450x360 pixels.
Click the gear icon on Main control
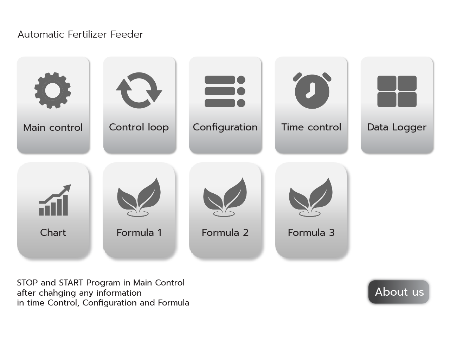point(52,90)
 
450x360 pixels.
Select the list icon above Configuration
point(225,91)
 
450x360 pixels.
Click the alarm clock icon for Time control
point(312,91)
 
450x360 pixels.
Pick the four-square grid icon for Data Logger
point(397,91)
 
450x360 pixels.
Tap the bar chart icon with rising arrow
point(55,200)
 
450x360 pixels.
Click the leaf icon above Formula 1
point(139,197)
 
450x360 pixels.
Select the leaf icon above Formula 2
point(225,197)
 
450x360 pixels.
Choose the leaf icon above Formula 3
point(311,197)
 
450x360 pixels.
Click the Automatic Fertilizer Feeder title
point(81,34)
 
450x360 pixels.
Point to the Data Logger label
point(397,128)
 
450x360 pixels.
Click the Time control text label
point(311,127)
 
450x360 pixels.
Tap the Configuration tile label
point(225,128)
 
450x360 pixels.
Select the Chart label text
point(53,233)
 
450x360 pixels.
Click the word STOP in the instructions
point(27,283)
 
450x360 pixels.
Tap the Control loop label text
point(139,128)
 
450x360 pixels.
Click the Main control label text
point(53,128)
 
